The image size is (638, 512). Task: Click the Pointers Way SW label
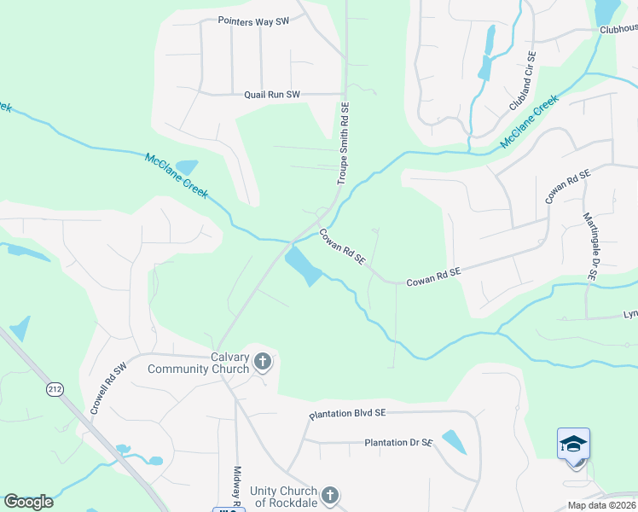pos(253,21)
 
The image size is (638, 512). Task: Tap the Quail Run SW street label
pos(272,95)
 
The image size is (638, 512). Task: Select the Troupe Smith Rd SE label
pos(343,143)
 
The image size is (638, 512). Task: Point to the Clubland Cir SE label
pos(522,81)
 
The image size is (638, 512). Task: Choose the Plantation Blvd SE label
pos(347,413)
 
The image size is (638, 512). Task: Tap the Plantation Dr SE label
pos(398,443)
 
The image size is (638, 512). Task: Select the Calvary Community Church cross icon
pos(263,363)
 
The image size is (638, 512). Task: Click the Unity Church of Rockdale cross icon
pos(330,495)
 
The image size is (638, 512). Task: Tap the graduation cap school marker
pos(573,444)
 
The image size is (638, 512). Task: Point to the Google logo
pos(28,502)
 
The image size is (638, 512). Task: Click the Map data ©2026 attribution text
pos(601,505)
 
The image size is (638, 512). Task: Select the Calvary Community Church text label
pos(199,363)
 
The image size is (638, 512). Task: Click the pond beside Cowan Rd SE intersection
pos(303,265)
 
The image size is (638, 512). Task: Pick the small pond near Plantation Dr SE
pos(454,441)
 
